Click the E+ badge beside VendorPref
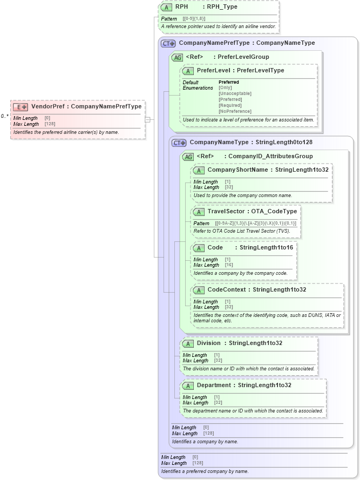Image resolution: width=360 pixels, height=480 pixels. (x=21, y=107)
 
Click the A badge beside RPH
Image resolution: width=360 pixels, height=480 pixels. (x=166, y=8)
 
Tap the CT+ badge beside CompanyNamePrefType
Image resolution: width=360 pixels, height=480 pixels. (x=169, y=43)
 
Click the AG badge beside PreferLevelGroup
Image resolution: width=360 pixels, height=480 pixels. (x=176, y=57)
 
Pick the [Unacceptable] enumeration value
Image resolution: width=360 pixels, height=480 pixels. (x=235, y=93)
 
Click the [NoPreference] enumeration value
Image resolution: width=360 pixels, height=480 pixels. (x=235, y=111)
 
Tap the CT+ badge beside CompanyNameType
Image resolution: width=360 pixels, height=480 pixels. (x=179, y=143)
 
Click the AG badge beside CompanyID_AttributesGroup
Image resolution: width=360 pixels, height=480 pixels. (x=188, y=157)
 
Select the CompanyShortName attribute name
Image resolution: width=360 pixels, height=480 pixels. (x=237, y=170)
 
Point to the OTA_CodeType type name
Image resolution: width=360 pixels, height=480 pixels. (x=274, y=212)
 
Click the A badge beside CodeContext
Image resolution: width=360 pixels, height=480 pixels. (x=199, y=290)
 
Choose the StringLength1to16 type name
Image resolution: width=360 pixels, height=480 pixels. (x=266, y=248)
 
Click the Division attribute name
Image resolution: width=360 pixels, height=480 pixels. (x=208, y=343)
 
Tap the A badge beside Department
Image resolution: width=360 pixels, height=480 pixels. (x=188, y=386)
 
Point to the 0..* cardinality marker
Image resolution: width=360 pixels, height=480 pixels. (x=4, y=116)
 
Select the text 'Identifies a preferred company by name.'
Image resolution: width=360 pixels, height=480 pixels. (x=205, y=471)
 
